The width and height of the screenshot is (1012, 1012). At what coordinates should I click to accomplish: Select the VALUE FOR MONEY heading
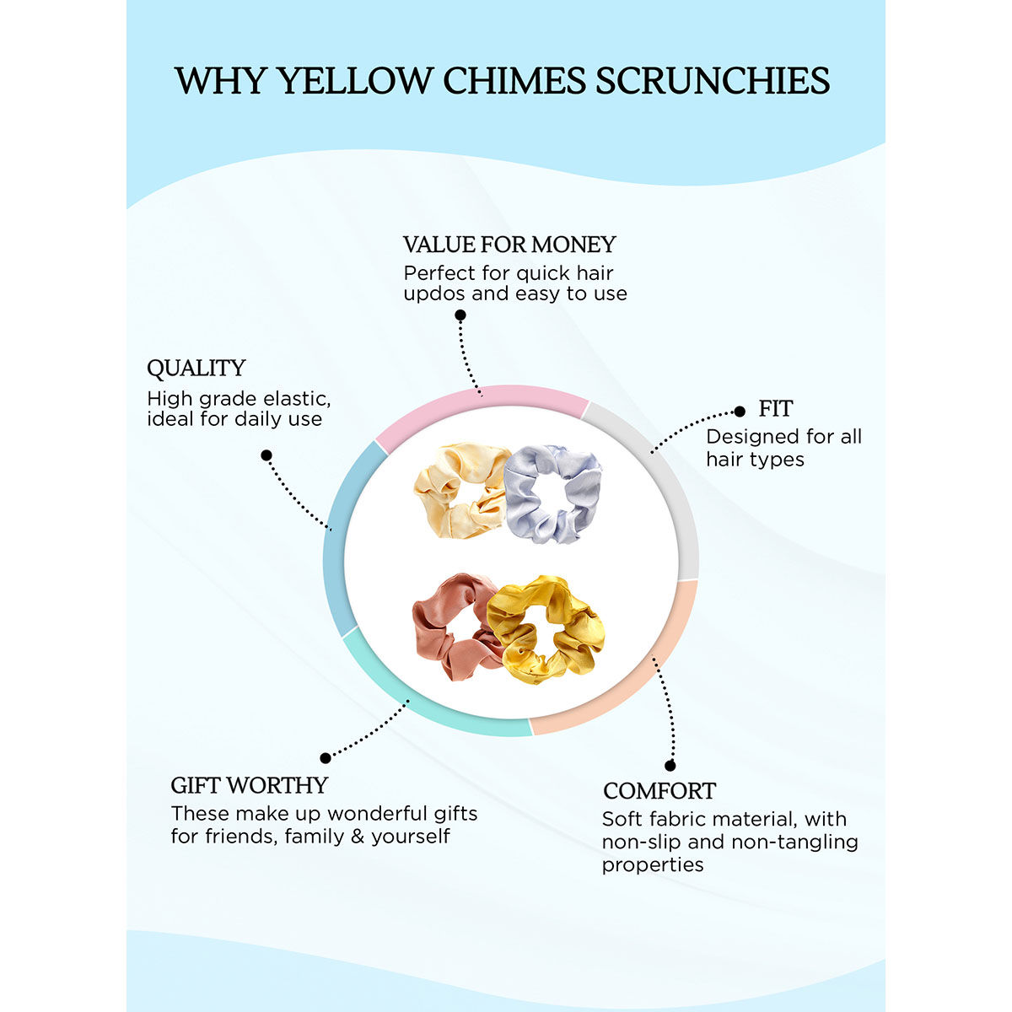pyautogui.click(x=509, y=245)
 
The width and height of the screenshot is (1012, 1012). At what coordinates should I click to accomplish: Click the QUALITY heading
pyautogui.click(x=196, y=369)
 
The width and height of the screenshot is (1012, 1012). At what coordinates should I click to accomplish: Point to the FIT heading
pyautogui.click(x=775, y=408)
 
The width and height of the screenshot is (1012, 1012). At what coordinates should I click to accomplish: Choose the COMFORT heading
pyautogui.click(x=659, y=790)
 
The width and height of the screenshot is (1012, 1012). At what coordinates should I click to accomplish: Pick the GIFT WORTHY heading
pyautogui.click(x=249, y=785)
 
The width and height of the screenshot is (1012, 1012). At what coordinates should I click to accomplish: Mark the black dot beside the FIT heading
pyautogui.click(x=740, y=412)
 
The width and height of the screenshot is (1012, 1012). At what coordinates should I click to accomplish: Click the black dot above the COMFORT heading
pyautogui.click(x=670, y=765)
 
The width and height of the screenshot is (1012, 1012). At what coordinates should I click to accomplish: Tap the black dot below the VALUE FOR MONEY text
pyautogui.click(x=460, y=315)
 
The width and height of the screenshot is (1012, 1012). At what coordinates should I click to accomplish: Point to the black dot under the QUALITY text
pyautogui.click(x=266, y=455)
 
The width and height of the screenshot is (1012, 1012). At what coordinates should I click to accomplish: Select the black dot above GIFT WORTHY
pyautogui.click(x=325, y=758)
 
